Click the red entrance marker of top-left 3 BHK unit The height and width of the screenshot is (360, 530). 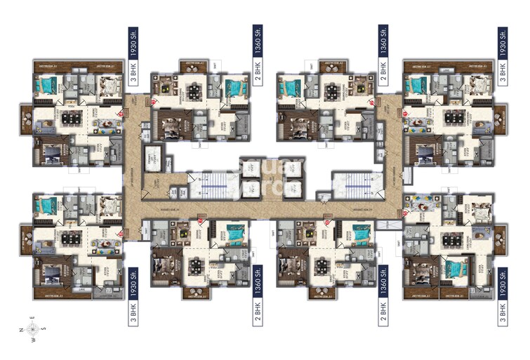(x=120, y=112)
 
